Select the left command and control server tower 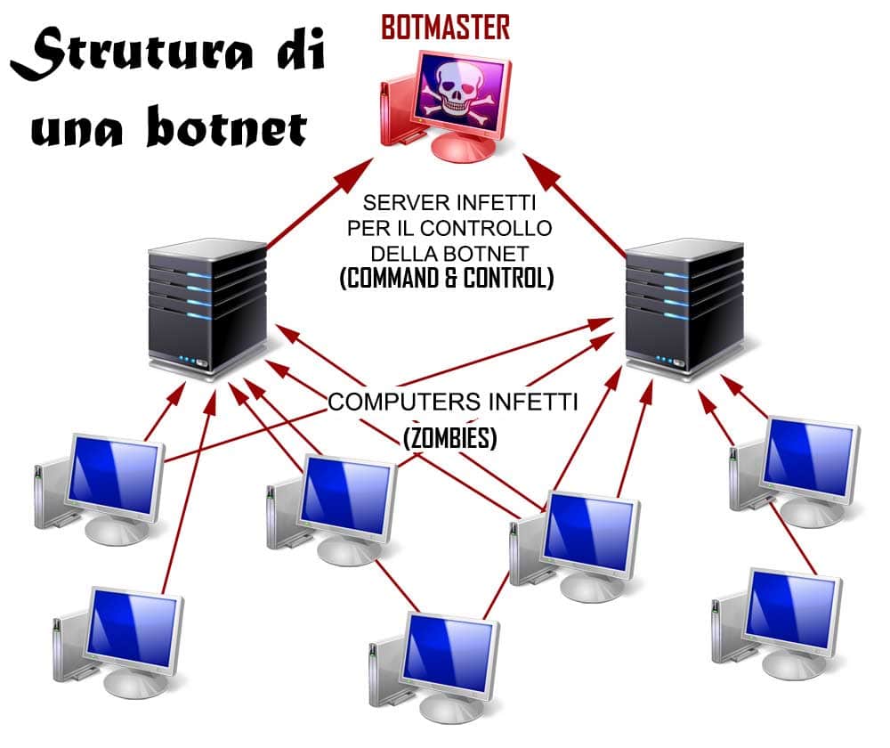click(x=207, y=307)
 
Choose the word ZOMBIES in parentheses click(x=449, y=438)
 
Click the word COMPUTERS click(x=398, y=402)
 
